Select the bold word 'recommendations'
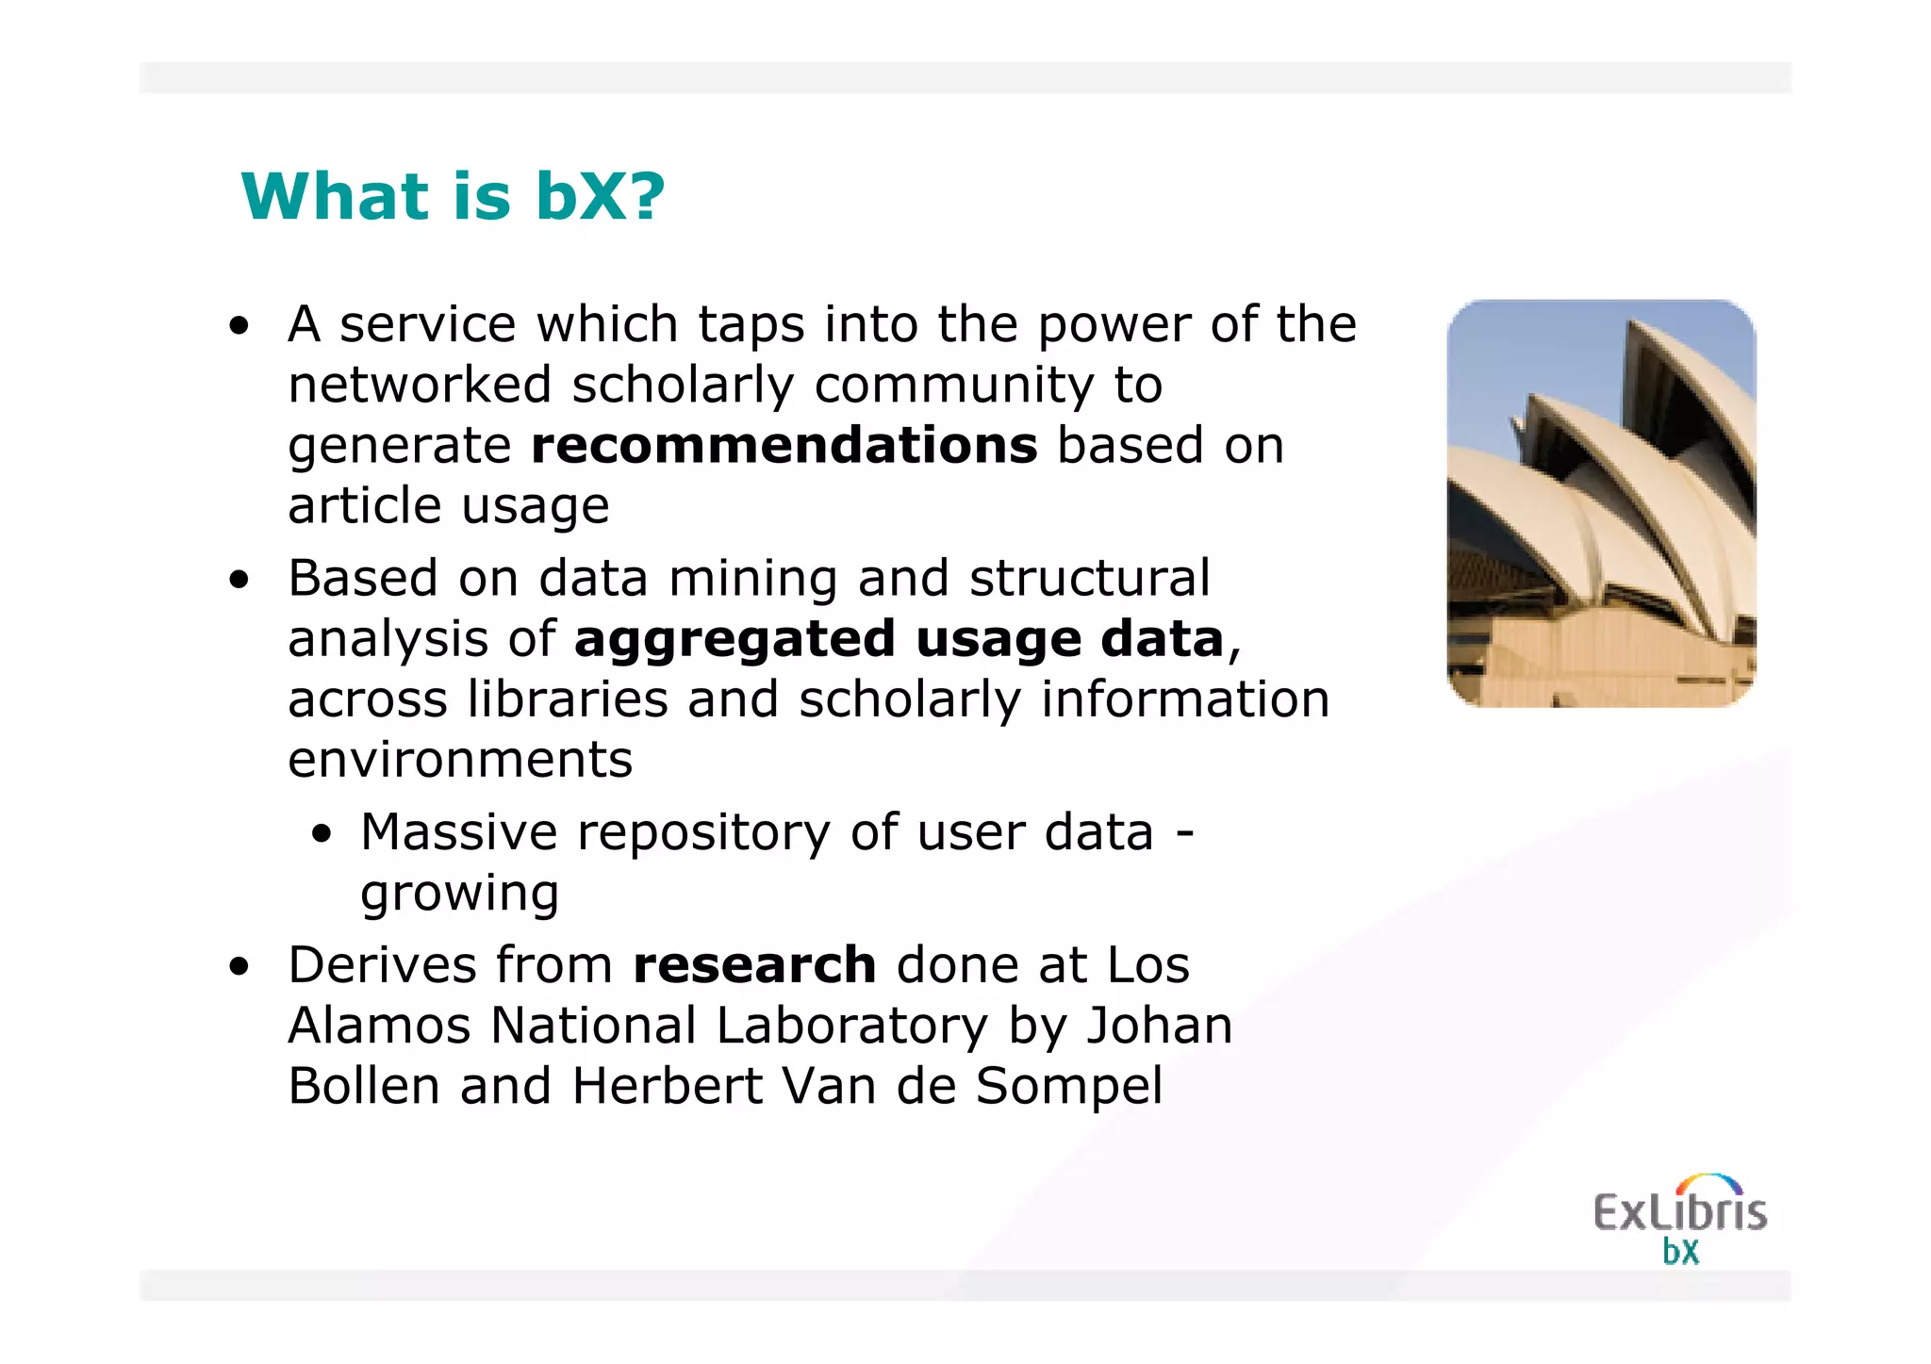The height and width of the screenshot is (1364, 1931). tap(784, 446)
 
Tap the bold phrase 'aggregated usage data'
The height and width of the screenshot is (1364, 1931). tap(899, 640)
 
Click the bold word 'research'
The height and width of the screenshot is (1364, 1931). tap(754, 965)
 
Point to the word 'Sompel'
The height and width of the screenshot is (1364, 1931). tap(1068, 1087)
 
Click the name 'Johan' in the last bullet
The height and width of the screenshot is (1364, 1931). tap(1159, 1026)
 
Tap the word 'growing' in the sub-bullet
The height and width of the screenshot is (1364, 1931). tap(460, 894)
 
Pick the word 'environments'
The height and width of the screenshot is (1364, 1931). tap(460, 760)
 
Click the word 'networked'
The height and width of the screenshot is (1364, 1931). tap(420, 386)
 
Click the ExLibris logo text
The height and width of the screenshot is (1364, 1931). tap(1679, 1212)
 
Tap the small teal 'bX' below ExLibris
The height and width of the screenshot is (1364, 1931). tap(1680, 1252)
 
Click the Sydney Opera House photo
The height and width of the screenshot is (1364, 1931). tap(1601, 503)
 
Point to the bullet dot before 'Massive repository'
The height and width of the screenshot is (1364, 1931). tap(323, 835)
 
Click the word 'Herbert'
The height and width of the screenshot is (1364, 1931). tap(668, 1087)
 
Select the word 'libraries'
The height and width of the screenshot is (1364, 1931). tap(568, 700)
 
